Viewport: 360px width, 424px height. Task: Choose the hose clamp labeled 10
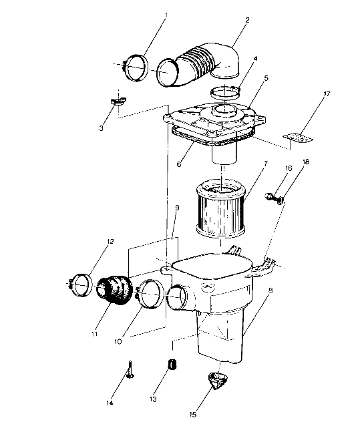coord(150,294)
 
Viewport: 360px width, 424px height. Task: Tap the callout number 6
coord(179,163)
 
